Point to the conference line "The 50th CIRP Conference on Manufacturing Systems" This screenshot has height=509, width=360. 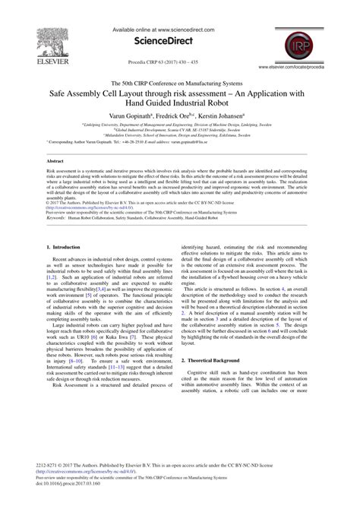[180, 81]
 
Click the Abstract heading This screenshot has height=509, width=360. [55, 162]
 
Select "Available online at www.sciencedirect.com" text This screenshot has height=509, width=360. [180, 30]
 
